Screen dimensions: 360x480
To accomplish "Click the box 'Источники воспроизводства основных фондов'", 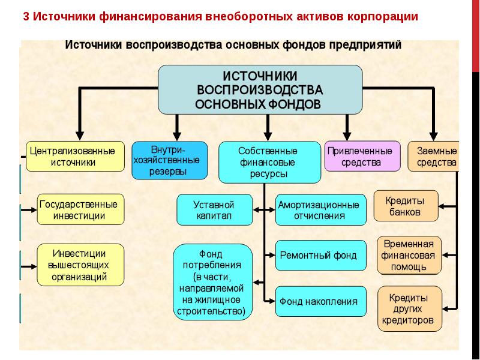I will point(260,90).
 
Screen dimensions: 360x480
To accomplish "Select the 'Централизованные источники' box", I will point(74,156).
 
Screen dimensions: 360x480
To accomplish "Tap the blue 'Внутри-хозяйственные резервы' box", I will point(170,160).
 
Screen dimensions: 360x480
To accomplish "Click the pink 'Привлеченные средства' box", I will point(362,156).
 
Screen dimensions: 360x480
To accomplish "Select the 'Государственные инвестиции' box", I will point(81,209).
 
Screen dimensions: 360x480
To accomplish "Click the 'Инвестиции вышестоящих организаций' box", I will point(80,265).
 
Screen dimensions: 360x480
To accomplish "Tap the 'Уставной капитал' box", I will point(213,209).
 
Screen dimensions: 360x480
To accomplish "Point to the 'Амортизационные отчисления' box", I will point(320,210).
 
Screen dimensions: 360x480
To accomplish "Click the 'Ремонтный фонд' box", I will point(320,255).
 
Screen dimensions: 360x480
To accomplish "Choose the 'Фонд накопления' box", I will point(320,301).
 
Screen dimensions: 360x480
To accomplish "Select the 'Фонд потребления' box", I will point(213,281).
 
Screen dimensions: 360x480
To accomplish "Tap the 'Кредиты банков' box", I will point(406,206).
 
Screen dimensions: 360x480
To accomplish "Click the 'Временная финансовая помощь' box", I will point(409,255).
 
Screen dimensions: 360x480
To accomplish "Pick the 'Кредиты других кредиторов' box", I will point(410,308).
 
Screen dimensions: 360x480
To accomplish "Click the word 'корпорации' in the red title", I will point(382,17).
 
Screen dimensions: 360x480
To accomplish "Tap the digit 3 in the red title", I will point(26,17).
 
